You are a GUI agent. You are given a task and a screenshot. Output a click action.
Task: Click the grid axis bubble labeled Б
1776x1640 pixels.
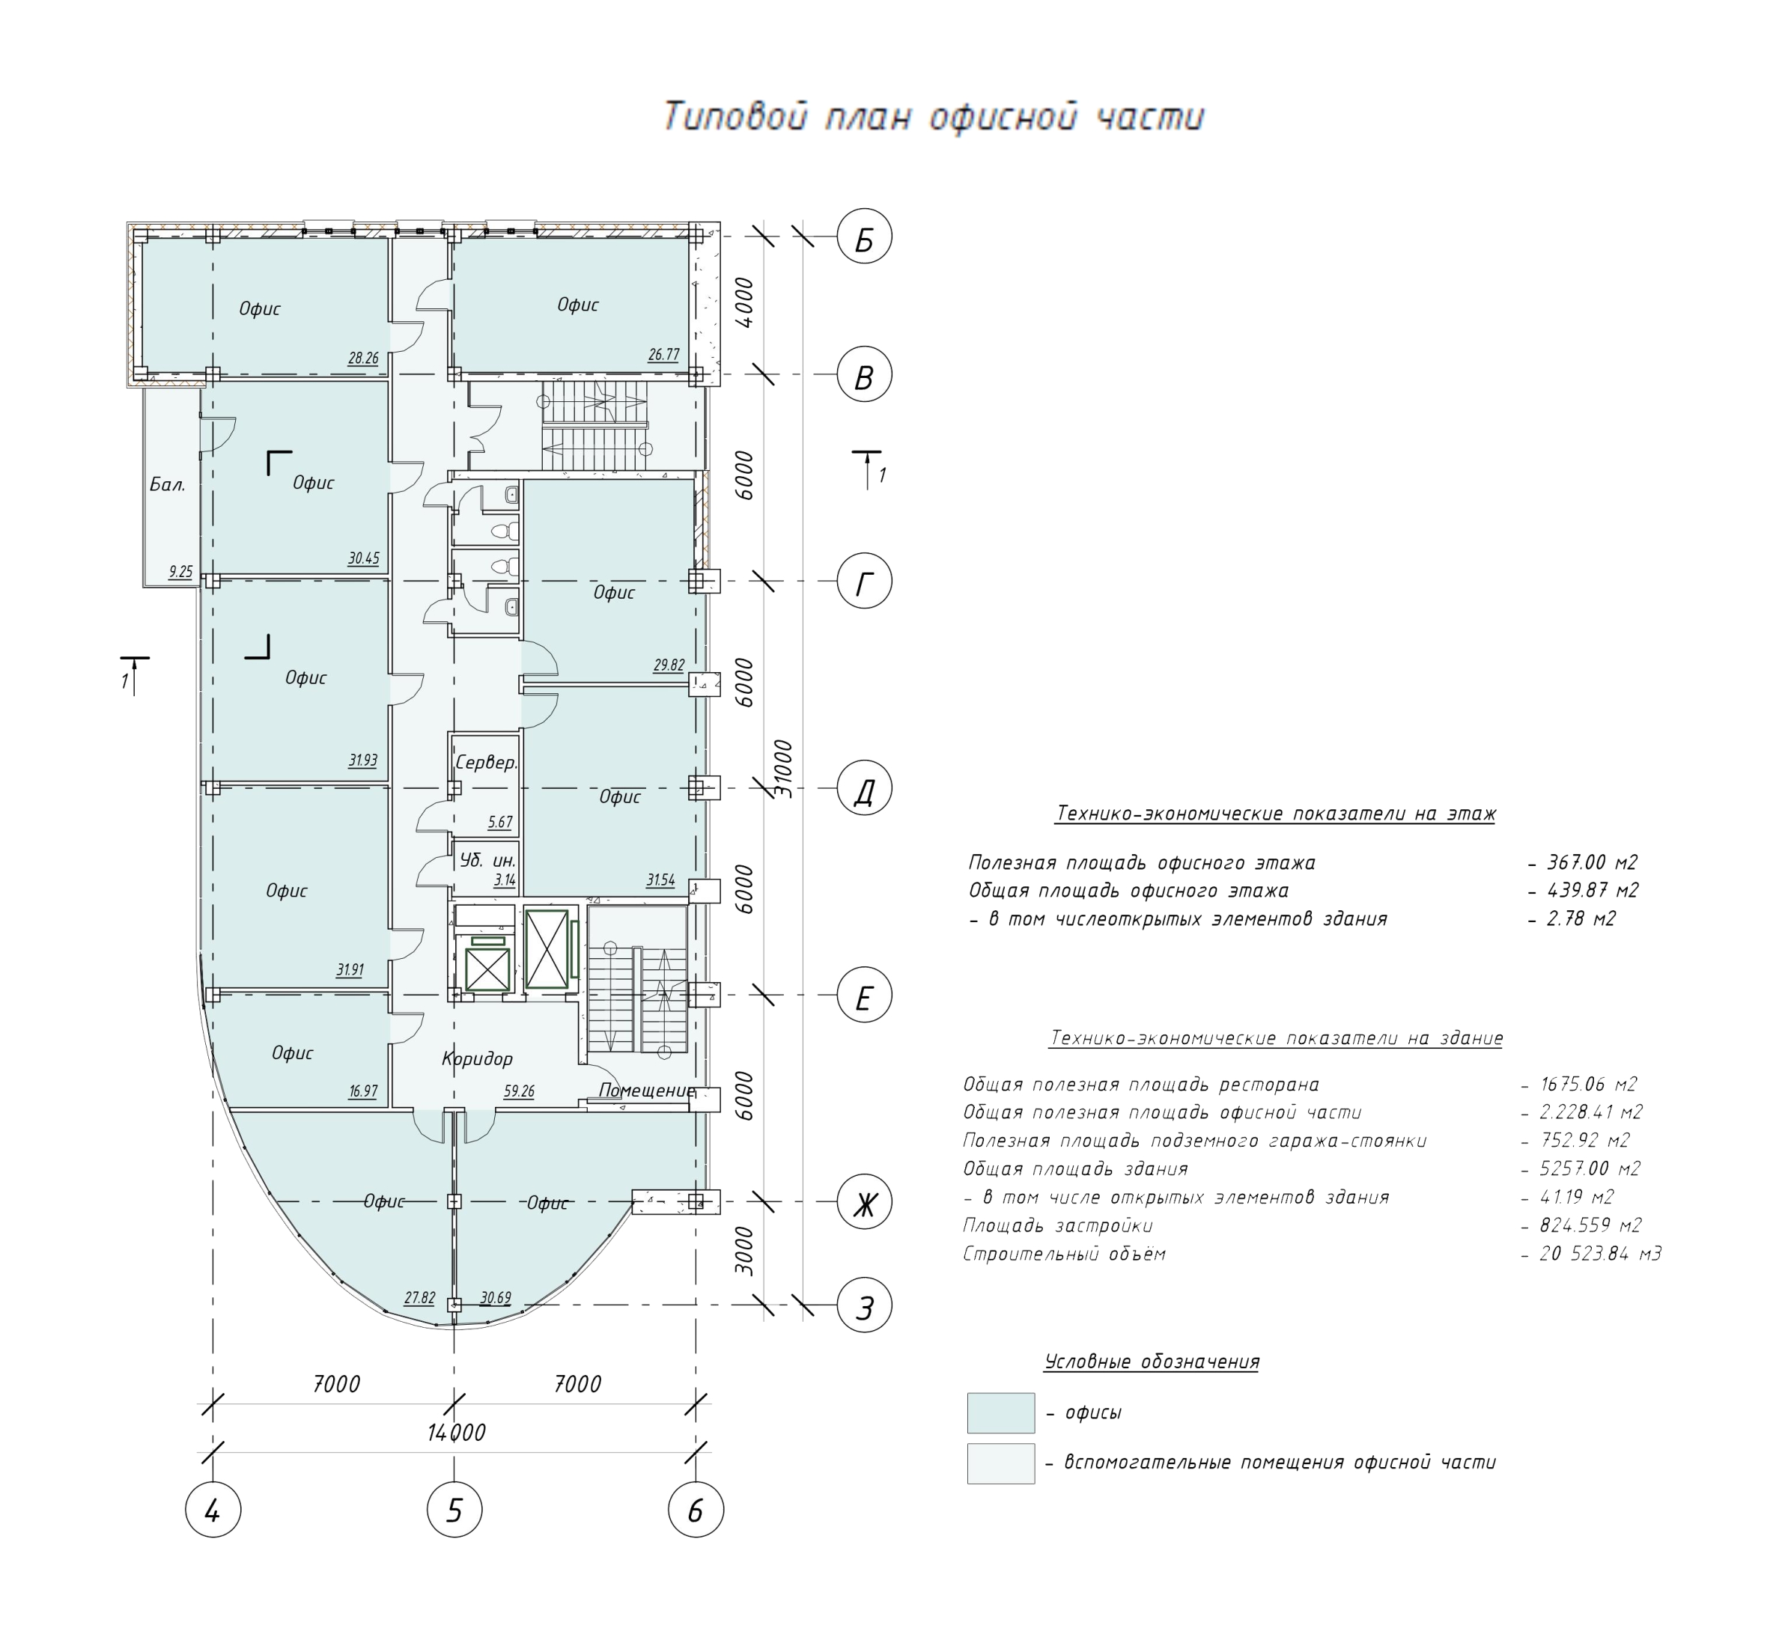(863, 238)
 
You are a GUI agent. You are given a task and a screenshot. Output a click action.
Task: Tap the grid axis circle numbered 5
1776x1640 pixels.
(454, 1510)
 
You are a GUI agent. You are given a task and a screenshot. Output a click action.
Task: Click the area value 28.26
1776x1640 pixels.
(363, 359)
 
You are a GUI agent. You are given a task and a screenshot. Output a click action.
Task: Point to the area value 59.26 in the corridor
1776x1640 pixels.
(519, 1091)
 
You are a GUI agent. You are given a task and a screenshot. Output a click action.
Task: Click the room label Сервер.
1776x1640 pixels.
(485, 762)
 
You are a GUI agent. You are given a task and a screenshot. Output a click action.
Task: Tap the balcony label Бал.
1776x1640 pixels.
(167, 484)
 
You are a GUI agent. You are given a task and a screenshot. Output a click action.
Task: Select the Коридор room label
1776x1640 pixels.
(478, 1058)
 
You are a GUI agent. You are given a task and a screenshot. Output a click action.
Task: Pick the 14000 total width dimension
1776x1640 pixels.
(456, 1433)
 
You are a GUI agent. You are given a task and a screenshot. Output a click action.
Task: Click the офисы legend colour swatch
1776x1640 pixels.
(1000, 1412)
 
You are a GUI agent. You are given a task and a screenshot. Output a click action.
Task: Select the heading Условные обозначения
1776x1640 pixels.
(1151, 1362)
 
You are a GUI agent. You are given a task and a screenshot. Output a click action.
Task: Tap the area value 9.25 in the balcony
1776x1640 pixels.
(180, 573)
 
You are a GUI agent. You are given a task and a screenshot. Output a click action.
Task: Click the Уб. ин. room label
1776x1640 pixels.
(487, 860)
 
